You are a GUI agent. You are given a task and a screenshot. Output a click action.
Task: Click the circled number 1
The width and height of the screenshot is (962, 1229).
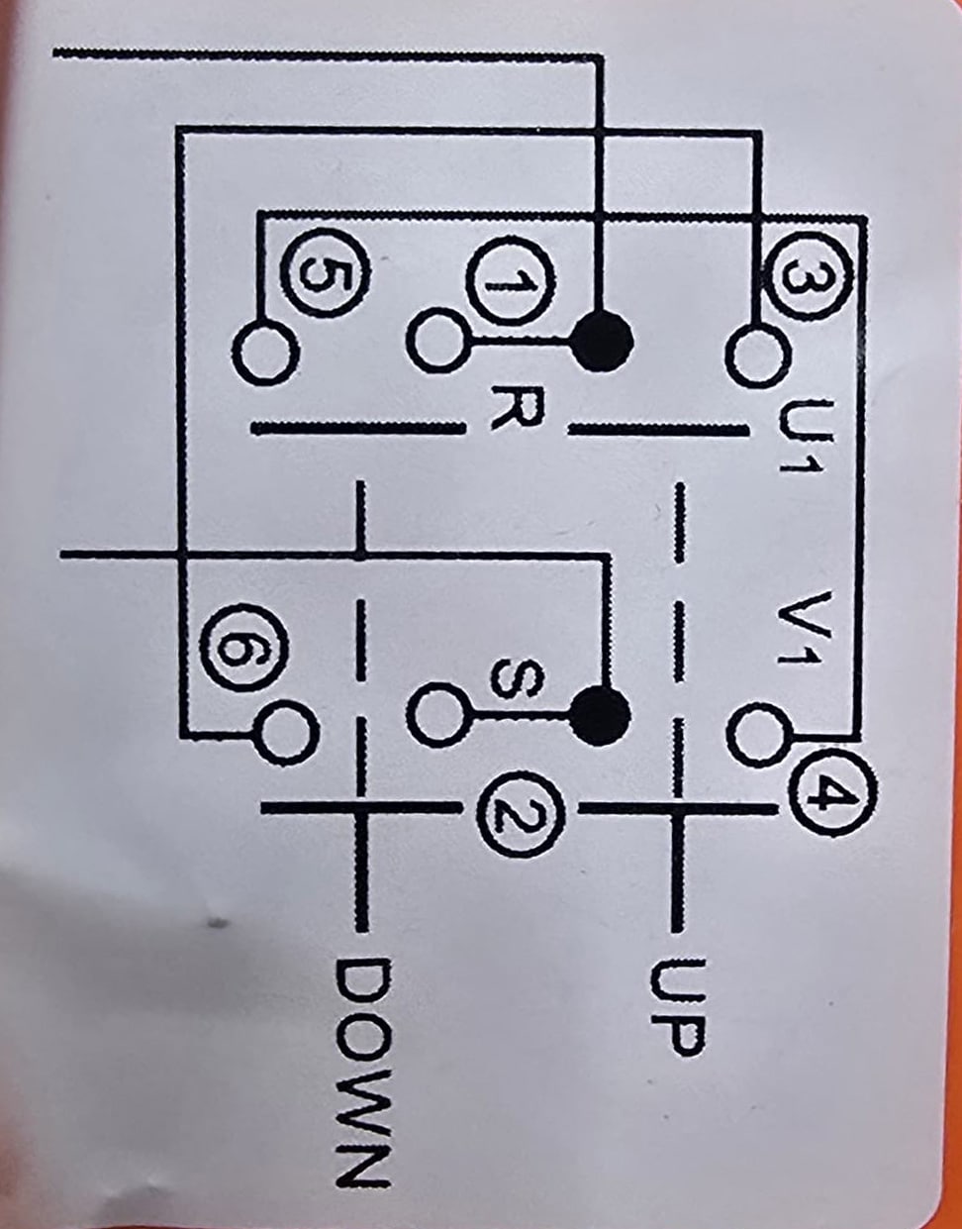pyautogui.click(x=509, y=283)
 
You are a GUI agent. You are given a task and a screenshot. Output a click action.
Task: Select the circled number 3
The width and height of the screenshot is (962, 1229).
pyautogui.click(x=808, y=275)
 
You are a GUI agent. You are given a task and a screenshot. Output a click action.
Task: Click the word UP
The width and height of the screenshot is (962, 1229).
pyautogui.click(x=678, y=1005)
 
